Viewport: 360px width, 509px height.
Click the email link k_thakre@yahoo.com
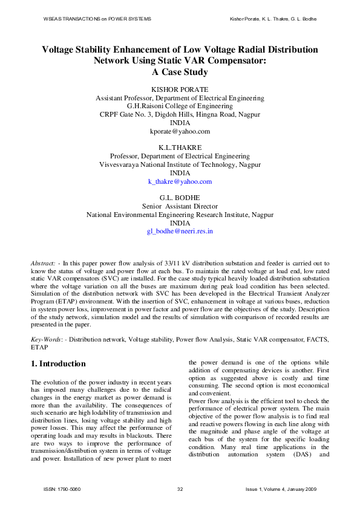180,181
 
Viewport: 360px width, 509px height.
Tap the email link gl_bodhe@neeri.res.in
180,231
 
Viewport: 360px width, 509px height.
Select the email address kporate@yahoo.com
180,131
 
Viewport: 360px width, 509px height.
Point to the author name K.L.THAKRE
180,147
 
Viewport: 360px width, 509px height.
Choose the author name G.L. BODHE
180,198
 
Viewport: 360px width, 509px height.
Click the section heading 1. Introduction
58,364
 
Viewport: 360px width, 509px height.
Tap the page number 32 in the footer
180,488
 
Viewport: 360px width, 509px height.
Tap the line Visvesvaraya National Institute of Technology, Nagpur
180,164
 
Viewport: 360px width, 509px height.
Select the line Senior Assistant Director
180,206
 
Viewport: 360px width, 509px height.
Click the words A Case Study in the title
180,73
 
